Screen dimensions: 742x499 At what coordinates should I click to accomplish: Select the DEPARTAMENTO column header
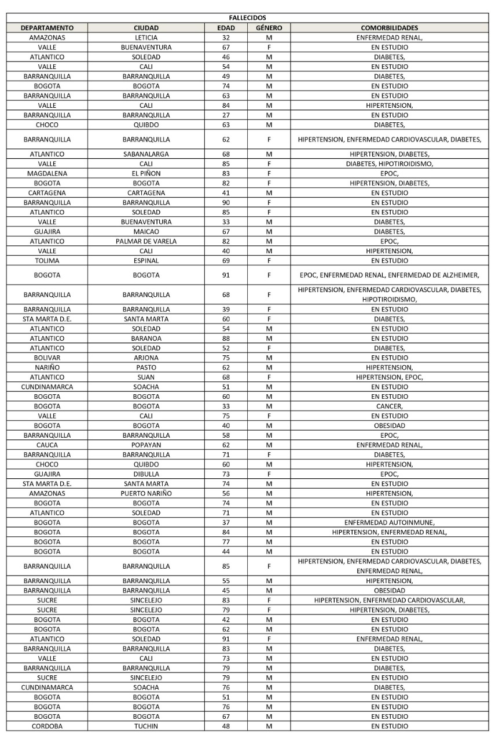click(47, 28)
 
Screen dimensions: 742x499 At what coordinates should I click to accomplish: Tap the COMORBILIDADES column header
click(389, 28)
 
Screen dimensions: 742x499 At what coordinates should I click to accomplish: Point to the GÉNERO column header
click(269, 28)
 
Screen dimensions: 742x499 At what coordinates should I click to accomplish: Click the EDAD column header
click(226, 28)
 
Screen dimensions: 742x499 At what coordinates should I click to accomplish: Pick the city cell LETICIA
click(146, 38)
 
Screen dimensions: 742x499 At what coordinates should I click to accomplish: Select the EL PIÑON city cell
click(146, 173)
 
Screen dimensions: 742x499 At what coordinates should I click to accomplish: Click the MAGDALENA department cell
click(47, 173)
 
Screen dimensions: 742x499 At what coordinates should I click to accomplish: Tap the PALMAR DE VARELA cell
click(146, 241)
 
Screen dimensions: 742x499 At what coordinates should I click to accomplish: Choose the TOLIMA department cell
click(47, 261)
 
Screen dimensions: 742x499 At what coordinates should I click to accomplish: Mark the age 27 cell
click(226, 115)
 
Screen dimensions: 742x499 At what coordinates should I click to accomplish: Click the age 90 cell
click(226, 202)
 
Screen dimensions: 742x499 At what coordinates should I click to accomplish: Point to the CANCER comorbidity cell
click(389, 406)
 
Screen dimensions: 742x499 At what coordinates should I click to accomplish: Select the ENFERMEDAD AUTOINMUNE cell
click(389, 522)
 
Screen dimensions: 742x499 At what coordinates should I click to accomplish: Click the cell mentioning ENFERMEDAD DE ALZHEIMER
click(389, 275)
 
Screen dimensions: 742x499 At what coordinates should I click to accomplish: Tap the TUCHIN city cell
click(146, 726)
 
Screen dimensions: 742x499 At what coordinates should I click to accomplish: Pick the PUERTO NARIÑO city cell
click(146, 493)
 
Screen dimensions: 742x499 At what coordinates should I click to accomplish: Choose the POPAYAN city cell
click(146, 445)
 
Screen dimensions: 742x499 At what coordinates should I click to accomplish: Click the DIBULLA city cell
click(146, 474)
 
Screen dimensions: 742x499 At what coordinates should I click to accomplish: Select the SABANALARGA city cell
click(146, 154)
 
